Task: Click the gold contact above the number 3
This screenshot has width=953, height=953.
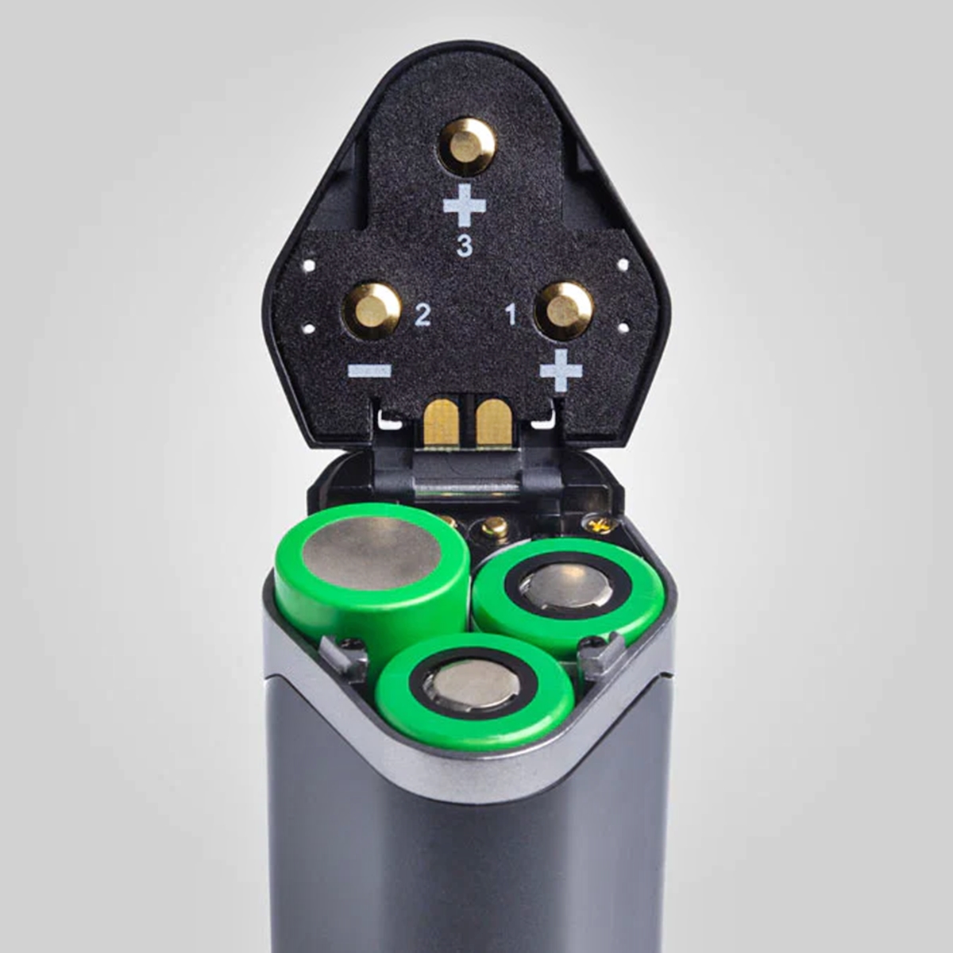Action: (468, 146)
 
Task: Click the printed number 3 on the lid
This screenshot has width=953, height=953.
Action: (465, 246)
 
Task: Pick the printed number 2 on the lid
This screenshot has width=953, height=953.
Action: (422, 315)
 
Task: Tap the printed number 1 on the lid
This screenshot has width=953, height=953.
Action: (511, 314)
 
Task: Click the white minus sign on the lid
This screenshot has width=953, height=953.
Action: (369, 370)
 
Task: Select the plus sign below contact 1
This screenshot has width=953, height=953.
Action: (561, 370)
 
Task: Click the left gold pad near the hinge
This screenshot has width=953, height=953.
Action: (442, 421)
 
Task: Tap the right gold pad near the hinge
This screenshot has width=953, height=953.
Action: (493, 421)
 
